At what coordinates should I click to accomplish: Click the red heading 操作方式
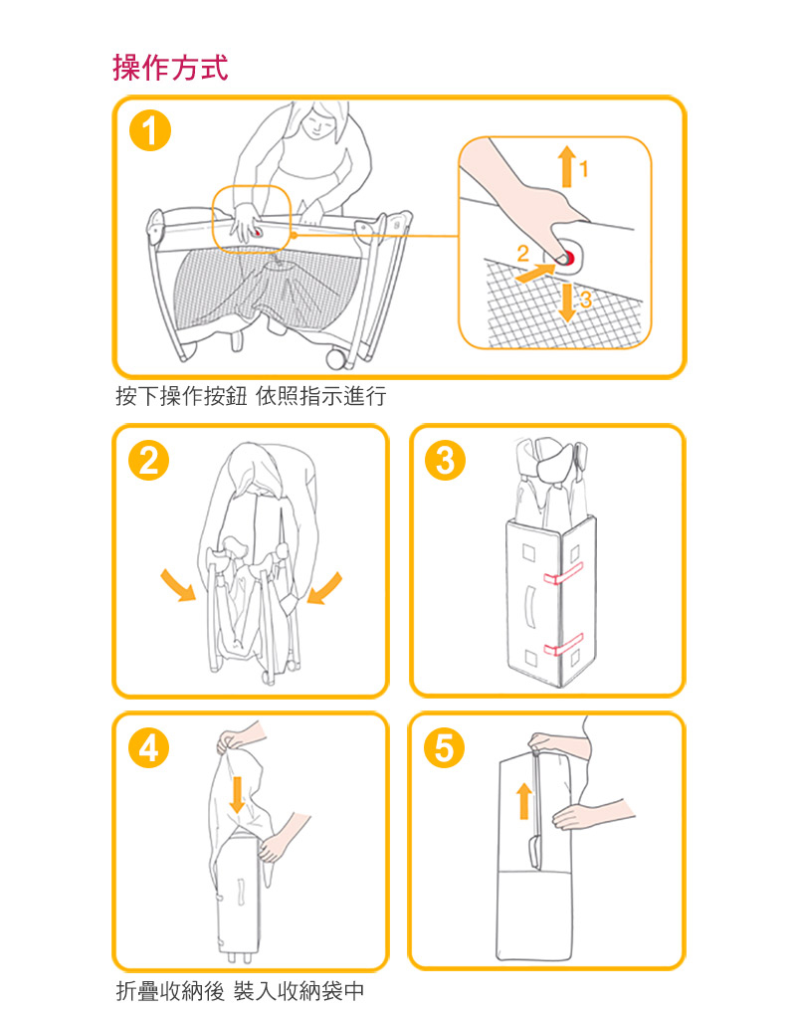click(171, 68)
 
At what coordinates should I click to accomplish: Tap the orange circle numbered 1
click(149, 131)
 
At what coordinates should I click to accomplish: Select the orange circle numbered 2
click(148, 461)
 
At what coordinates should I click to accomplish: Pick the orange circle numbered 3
click(446, 461)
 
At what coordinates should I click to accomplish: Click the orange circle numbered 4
click(148, 748)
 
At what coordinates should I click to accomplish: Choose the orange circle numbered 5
click(444, 748)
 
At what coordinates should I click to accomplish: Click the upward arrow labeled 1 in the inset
click(567, 166)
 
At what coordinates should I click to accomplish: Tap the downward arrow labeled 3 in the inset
click(567, 302)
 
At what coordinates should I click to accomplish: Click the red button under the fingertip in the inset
click(567, 257)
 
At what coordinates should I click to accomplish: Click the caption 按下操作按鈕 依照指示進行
click(251, 396)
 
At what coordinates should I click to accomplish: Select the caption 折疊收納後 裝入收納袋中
click(240, 991)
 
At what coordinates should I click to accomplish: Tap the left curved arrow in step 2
click(178, 585)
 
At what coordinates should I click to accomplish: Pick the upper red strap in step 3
click(563, 573)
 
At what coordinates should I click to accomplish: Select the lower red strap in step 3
click(563, 644)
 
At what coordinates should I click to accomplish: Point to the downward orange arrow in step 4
click(238, 795)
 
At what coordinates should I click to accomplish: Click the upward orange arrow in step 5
click(524, 801)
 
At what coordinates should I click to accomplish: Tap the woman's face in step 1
click(318, 120)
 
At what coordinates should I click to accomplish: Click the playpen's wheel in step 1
click(336, 358)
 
